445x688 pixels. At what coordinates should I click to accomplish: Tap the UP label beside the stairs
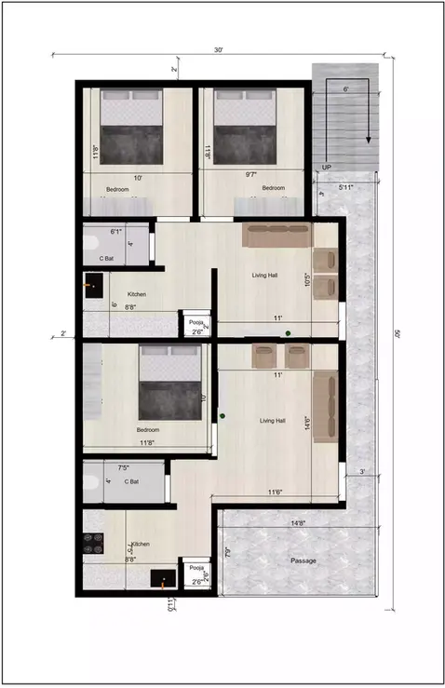(326, 168)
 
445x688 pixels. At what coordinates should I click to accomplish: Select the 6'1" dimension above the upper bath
(117, 230)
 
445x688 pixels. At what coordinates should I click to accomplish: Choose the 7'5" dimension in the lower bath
(122, 468)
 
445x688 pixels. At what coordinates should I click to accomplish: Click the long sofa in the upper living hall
(277, 235)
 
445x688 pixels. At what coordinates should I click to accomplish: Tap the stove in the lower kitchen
(94, 544)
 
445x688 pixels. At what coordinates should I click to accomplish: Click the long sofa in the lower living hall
(325, 406)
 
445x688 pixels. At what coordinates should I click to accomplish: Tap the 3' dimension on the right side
(362, 473)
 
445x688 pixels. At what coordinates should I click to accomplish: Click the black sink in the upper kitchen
(93, 285)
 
